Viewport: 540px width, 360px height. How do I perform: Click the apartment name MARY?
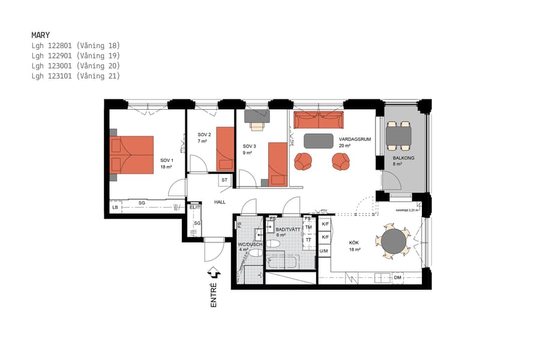[41, 35]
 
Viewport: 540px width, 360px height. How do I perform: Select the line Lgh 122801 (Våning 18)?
[76, 46]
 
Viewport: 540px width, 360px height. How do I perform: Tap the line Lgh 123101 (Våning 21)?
[76, 76]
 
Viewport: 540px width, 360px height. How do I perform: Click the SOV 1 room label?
[166, 160]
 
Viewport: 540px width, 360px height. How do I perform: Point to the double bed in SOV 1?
[131, 154]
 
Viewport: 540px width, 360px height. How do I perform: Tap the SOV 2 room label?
[205, 135]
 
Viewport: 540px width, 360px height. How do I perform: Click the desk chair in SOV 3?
[257, 125]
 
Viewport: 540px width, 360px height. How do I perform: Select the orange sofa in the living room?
[318, 120]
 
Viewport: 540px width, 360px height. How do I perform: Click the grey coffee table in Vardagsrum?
[319, 141]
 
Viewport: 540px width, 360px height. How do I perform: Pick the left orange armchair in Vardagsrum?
[303, 161]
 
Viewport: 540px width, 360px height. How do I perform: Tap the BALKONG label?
[403, 158]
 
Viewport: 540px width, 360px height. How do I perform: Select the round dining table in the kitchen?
[394, 242]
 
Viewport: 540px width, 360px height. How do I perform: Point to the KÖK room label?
[355, 243]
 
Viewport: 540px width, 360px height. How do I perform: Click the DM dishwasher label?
[397, 278]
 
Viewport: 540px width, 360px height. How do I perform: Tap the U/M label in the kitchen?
[324, 251]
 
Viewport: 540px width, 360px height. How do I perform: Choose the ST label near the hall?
[224, 180]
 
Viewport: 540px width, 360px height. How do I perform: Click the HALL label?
[220, 202]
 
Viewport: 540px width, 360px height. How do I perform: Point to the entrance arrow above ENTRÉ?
[214, 274]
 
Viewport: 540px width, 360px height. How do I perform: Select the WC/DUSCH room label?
[247, 245]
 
